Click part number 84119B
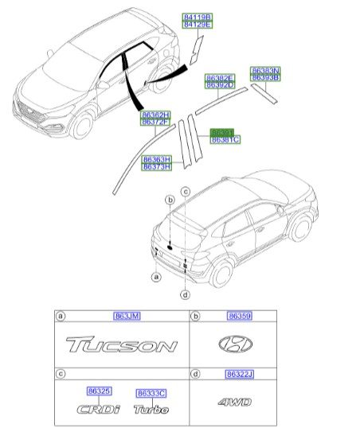point(198,16)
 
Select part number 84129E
point(198,25)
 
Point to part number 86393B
point(265,78)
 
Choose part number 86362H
point(157,115)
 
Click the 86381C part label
point(225,139)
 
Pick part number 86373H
point(157,166)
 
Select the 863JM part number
point(127,317)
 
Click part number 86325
point(100,391)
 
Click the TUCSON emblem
point(121,346)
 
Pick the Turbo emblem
point(151,410)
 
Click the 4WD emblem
point(235,403)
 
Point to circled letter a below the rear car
point(156,277)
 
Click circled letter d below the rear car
point(185,295)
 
